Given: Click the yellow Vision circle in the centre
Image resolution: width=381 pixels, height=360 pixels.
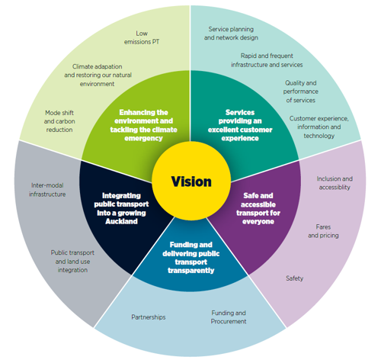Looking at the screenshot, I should [x=190, y=182].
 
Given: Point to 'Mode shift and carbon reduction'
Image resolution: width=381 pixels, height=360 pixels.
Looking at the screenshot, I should [x=58, y=121].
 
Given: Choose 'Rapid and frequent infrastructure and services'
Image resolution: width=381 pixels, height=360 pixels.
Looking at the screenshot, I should [x=267, y=60].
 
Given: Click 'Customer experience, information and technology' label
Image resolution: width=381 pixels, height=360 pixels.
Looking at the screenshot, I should [x=319, y=127].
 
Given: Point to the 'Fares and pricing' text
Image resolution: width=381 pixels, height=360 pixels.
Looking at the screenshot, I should [x=323, y=231].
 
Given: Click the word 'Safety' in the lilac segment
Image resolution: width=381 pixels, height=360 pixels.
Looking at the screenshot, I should [x=294, y=278].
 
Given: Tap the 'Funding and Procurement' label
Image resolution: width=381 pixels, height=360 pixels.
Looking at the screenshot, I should [x=229, y=317].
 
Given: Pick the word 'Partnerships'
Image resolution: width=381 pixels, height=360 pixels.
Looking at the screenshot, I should [x=148, y=317].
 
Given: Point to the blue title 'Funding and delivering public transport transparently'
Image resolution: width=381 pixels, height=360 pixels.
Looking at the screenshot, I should [x=190, y=258].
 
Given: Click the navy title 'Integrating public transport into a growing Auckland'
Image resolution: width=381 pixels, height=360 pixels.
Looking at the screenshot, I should [x=122, y=204].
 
